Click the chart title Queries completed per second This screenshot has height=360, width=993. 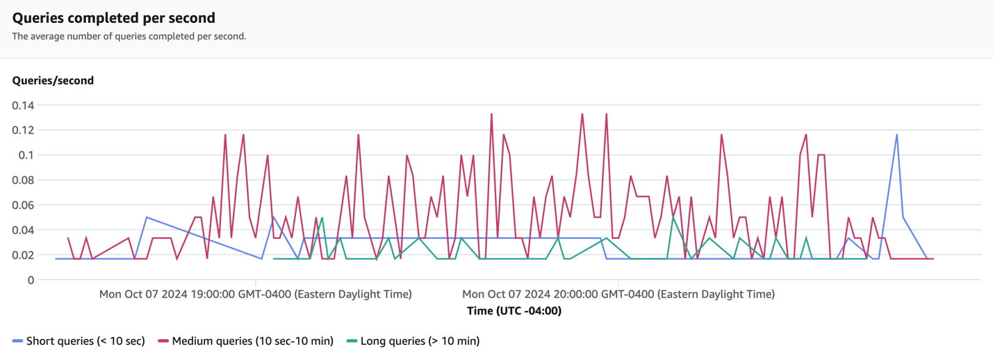[113, 18]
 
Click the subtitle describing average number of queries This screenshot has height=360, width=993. [129, 36]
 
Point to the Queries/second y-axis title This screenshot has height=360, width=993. [53, 81]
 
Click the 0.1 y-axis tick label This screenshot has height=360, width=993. [26, 155]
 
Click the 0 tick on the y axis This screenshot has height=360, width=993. [31, 280]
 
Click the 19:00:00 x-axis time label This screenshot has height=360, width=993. [255, 294]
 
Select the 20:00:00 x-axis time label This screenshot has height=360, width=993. [618, 294]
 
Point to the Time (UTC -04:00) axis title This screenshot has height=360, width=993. [514, 311]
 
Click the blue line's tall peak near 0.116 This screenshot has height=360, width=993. [897, 135]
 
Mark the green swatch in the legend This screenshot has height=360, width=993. [352, 341]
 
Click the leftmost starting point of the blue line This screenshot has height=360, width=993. [56, 259]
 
